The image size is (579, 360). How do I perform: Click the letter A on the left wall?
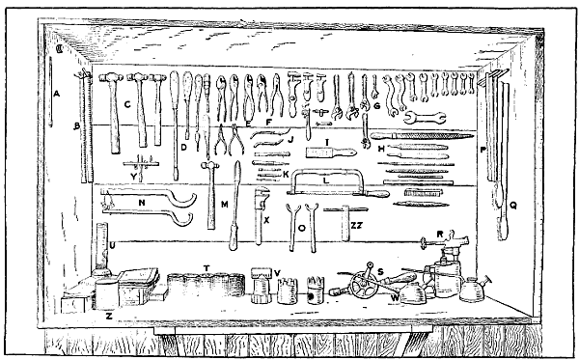point(58,95)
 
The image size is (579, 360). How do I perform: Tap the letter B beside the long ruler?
point(76,125)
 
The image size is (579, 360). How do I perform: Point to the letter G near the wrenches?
point(377,105)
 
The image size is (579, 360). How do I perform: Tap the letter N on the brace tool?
point(141,203)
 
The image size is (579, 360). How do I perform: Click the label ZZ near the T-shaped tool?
point(357,224)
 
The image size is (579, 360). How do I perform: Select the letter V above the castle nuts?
point(278,270)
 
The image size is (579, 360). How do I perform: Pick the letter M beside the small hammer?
point(223,204)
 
